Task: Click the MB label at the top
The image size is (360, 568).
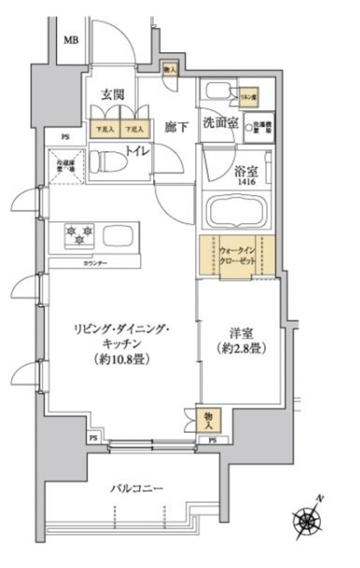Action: [71, 40]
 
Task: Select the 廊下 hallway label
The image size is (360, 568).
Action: [177, 127]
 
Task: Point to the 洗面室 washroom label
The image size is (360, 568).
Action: [221, 124]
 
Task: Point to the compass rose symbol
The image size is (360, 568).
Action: [309, 519]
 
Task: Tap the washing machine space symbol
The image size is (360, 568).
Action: [259, 128]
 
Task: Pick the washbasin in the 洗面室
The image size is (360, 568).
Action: [217, 92]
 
